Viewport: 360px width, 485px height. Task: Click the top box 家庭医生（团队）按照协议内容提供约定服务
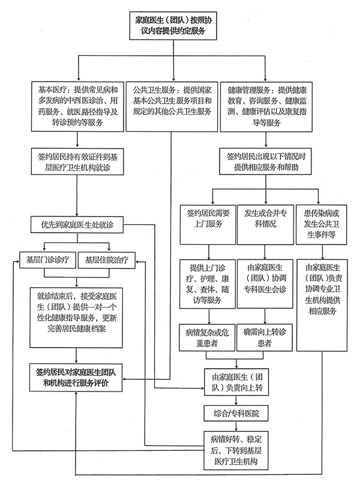pyautogui.click(x=173, y=26)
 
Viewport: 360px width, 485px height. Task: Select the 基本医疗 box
pyautogui.click(x=77, y=106)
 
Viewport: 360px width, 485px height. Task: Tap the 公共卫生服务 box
pyautogui.click(x=172, y=106)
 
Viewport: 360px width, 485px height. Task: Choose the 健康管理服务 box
pyautogui.click(x=266, y=106)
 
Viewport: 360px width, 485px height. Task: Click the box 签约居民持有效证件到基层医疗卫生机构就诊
pyautogui.click(x=77, y=161)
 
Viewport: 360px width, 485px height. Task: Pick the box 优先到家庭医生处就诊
pyautogui.click(x=77, y=225)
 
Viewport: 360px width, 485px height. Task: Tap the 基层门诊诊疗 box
pyautogui.click(x=47, y=260)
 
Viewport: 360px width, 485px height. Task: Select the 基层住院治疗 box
pyautogui.click(x=107, y=260)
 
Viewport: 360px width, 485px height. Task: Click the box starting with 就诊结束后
pyautogui.click(x=76, y=318)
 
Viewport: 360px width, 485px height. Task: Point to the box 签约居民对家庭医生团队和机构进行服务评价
pyautogui.click(x=76, y=378)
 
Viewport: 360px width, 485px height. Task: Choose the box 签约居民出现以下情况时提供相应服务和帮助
pyautogui.click(x=266, y=161)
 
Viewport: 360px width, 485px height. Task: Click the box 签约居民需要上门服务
pyautogui.click(x=208, y=224)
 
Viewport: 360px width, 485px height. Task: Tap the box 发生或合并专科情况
pyautogui.click(x=265, y=225)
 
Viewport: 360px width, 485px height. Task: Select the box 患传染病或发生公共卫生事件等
pyautogui.click(x=322, y=225)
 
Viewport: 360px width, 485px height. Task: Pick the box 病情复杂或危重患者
pyautogui.click(x=207, y=338)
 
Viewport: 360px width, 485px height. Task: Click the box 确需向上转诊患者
pyautogui.click(x=265, y=338)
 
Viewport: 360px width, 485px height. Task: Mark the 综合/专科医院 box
pyautogui.click(x=236, y=413)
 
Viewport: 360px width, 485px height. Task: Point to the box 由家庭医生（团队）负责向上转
pyautogui.click(x=236, y=382)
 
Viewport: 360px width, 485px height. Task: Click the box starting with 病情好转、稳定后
pyautogui.click(x=236, y=450)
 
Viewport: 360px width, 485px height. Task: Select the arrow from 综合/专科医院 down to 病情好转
pyautogui.click(x=236, y=426)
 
